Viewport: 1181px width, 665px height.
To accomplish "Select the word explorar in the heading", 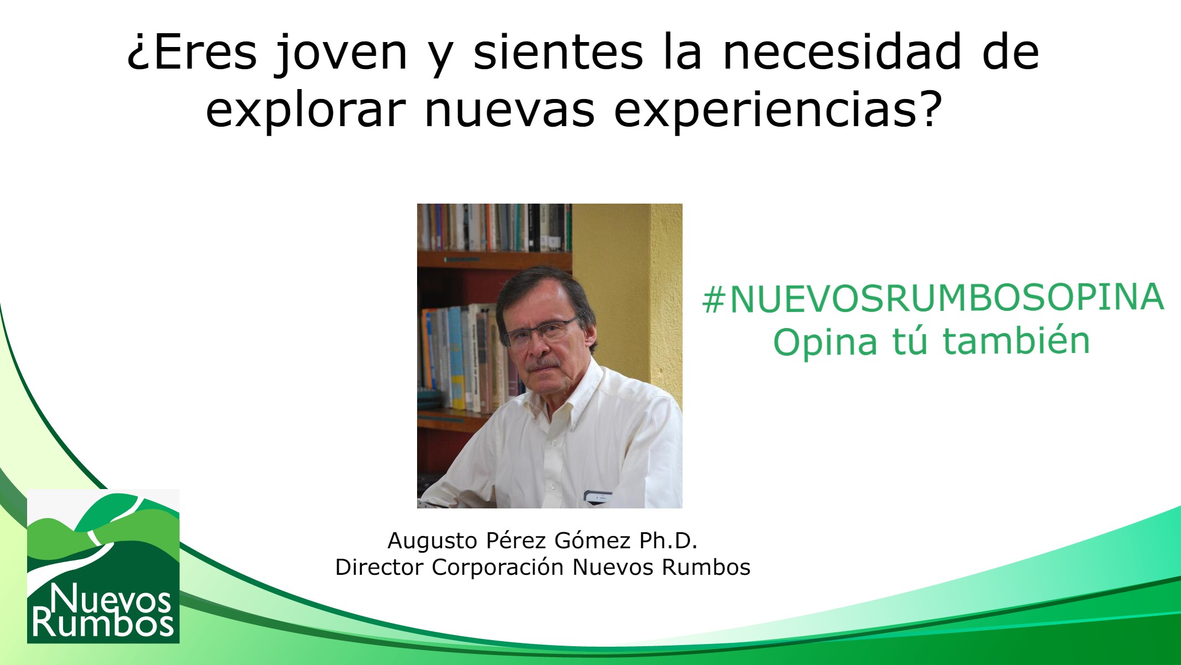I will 306,109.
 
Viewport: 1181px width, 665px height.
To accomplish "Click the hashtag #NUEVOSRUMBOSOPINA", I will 933,298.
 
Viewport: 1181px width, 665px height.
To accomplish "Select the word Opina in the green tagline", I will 825,342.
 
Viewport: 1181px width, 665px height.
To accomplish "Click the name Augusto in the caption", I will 432,541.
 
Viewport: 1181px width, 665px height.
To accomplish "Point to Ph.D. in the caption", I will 668,541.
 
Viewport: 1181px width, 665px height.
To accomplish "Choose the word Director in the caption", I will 379,567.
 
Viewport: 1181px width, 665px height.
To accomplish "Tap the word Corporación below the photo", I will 497,567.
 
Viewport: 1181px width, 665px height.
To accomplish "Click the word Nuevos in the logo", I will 110,599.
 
